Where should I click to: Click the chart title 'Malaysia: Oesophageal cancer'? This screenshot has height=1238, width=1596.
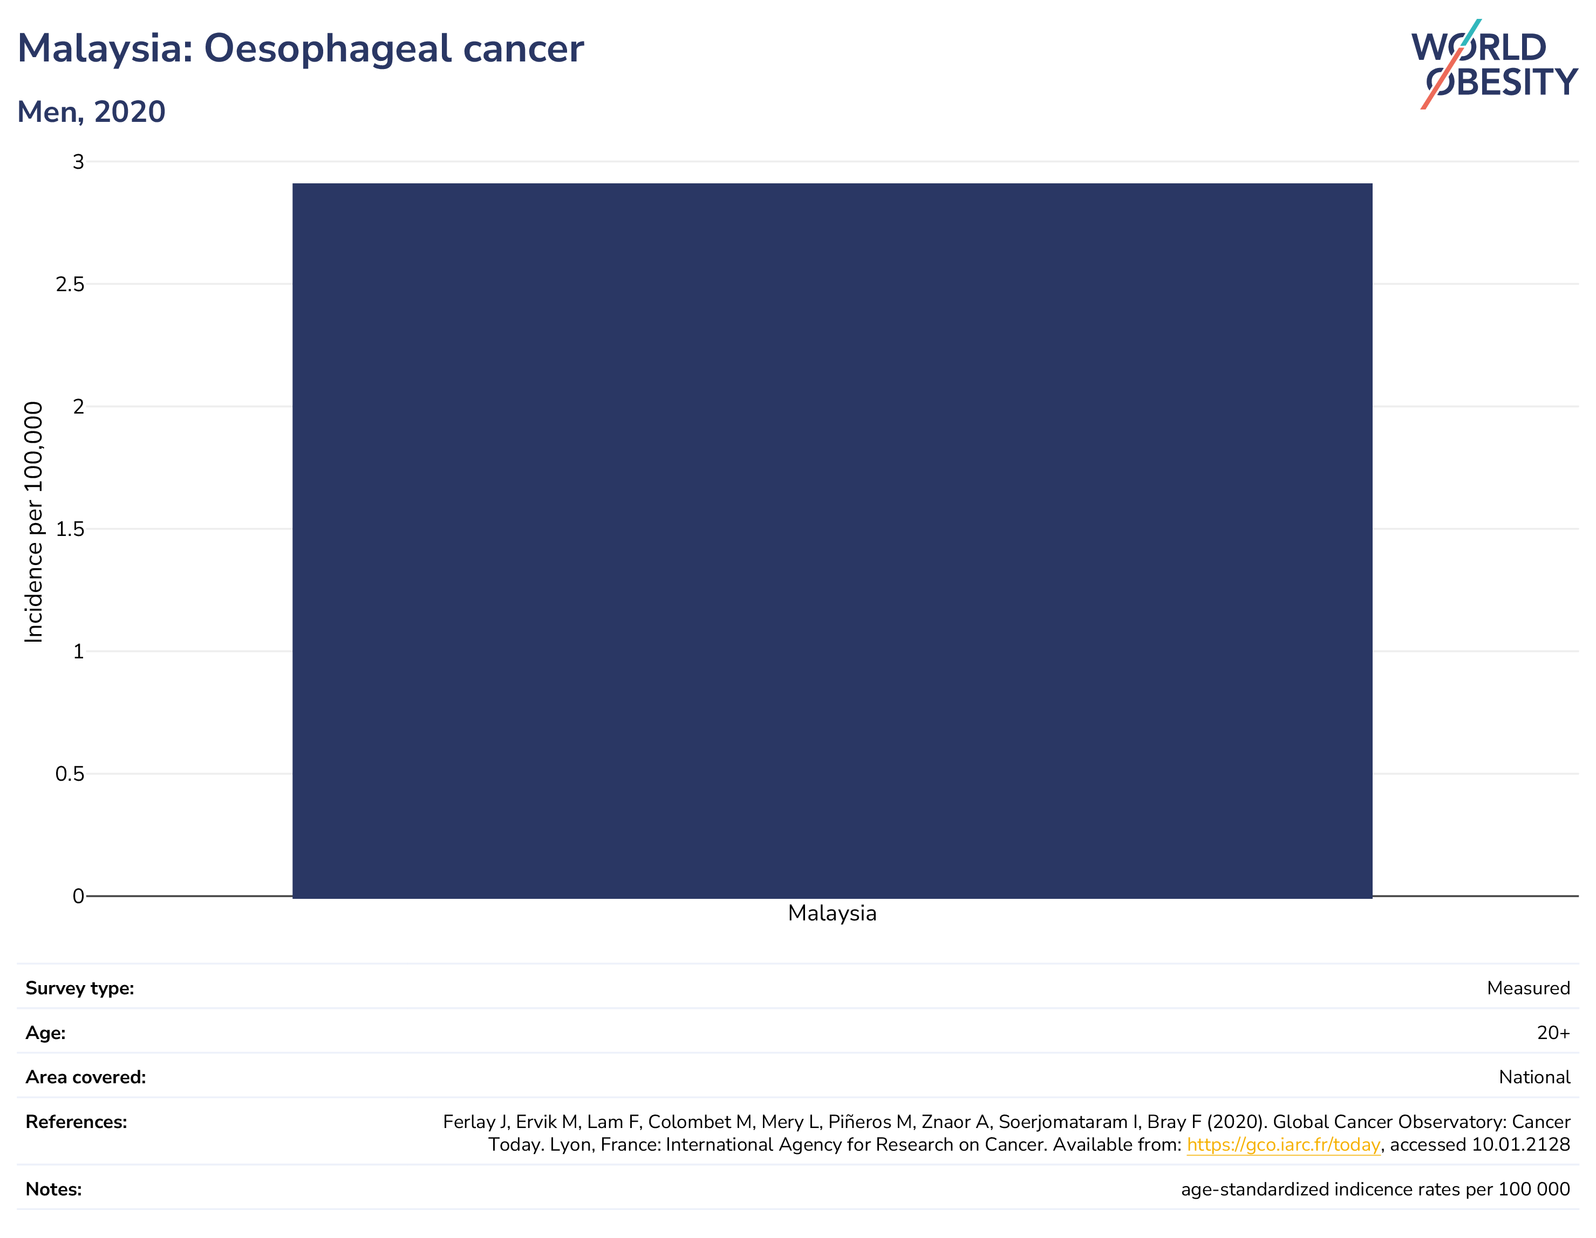(x=301, y=50)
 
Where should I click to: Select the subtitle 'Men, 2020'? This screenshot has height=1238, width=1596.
(x=91, y=112)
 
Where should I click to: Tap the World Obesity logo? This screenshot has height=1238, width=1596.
(x=1495, y=64)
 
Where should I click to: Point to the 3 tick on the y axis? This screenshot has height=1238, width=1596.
(x=78, y=161)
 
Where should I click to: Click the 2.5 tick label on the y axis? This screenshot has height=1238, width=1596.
(x=70, y=284)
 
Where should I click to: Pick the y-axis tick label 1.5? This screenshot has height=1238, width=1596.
(x=70, y=529)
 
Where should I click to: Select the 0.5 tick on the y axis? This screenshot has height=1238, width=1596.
(x=70, y=773)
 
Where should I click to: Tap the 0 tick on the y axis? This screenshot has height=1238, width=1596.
(x=78, y=896)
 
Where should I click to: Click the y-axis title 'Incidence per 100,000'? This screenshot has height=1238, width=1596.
(x=33, y=522)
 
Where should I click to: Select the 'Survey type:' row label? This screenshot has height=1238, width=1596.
(x=80, y=988)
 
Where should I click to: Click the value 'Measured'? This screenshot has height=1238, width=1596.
(x=1528, y=988)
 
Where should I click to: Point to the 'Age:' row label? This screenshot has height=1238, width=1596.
(x=45, y=1033)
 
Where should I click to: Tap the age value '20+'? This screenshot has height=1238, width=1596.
(x=1553, y=1033)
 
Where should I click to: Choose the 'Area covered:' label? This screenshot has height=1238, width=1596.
(x=85, y=1077)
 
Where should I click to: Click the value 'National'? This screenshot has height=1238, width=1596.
(x=1534, y=1077)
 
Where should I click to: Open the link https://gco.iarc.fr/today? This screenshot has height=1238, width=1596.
(x=1283, y=1145)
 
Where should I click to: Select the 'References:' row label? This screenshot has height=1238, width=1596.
(x=76, y=1122)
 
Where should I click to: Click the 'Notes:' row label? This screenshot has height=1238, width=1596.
(x=53, y=1189)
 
